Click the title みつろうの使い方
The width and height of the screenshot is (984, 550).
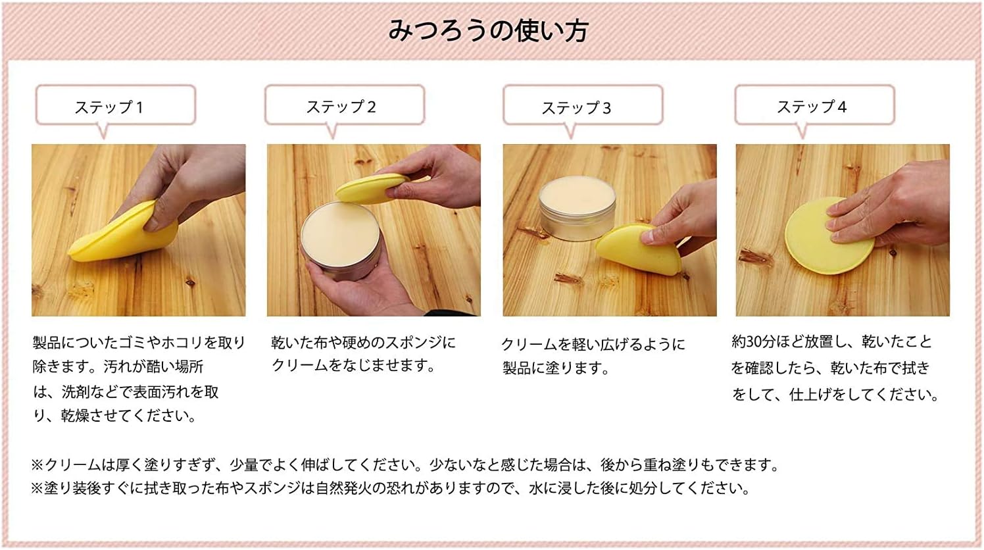point(488,31)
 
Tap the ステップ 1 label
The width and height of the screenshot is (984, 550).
point(109,107)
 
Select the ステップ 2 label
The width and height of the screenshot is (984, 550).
point(341,107)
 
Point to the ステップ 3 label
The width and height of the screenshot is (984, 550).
point(576,108)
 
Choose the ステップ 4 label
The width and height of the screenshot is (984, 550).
point(812,107)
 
